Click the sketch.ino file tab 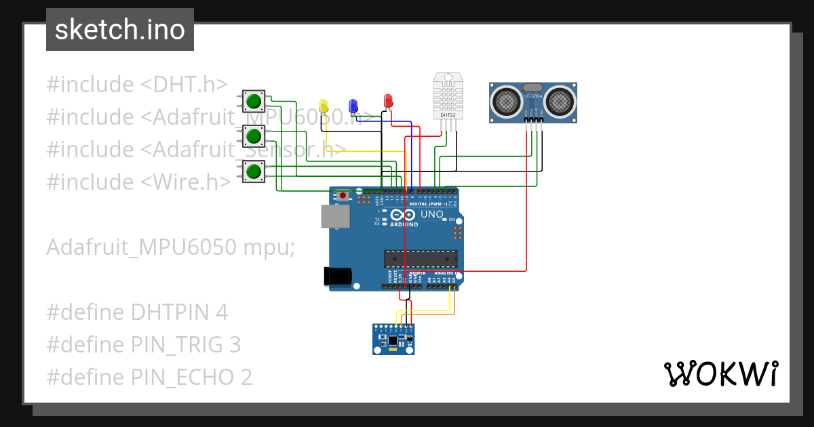click(x=120, y=30)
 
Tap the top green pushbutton click(x=254, y=102)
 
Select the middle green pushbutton click(x=254, y=136)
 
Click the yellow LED click(x=324, y=106)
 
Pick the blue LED click(x=353, y=105)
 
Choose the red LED click(x=388, y=101)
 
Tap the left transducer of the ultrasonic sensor click(x=506, y=101)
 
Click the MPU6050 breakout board click(x=393, y=339)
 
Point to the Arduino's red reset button click(x=343, y=196)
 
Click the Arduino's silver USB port click(x=336, y=216)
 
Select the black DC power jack click(x=337, y=275)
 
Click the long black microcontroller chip click(x=420, y=258)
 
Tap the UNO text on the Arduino click(x=432, y=215)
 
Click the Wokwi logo click(x=720, y=373)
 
